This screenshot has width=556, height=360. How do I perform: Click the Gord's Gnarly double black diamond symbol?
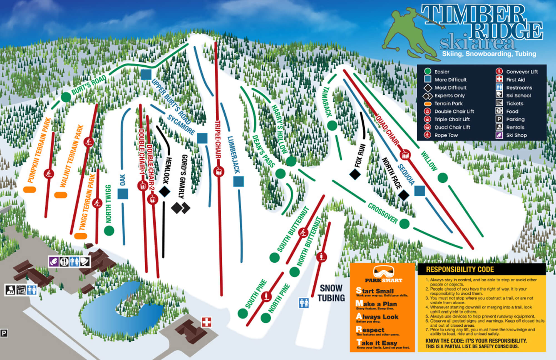(181, 208)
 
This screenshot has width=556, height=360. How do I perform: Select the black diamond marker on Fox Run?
(355, 174)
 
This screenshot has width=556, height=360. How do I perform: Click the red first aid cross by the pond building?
(206, 322)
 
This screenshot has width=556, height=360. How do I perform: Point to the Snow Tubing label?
(331, 293)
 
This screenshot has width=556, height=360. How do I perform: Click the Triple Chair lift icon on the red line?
(219, 172)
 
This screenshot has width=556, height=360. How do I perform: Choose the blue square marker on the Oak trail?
(123, 194)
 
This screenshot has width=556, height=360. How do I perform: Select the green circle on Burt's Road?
(66, 97)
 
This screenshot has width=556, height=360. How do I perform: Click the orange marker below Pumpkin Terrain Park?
(29, 190)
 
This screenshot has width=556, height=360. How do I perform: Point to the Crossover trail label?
(383, 213)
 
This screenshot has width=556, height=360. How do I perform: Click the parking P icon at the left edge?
(4, 333)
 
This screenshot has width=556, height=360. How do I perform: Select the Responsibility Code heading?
(460, 269)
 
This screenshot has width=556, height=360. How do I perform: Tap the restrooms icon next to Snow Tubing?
(304, 303)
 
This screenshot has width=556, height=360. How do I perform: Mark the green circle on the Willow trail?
(443, 178)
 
